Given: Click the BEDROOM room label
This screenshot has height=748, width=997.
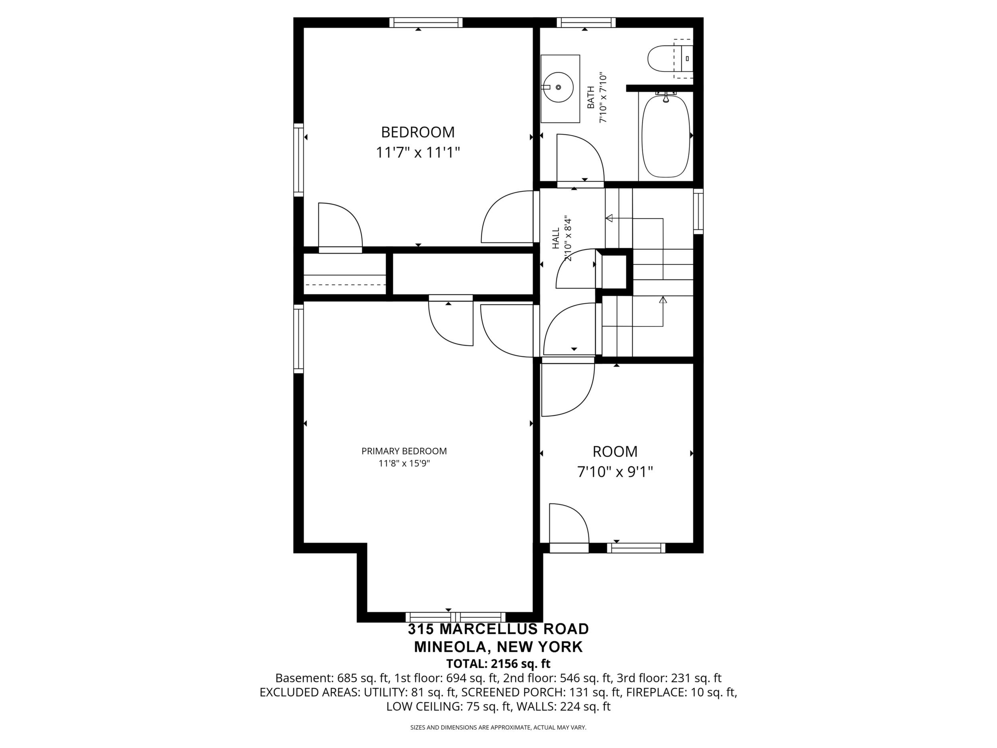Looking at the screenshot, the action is point(418,132).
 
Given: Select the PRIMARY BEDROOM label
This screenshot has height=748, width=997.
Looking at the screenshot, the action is point(404,451).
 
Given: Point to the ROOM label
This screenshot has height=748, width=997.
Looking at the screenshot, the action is point(615,452).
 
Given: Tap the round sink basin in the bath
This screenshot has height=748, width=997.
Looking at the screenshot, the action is point(558,87).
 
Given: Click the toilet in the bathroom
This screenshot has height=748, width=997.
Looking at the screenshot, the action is point(670,59).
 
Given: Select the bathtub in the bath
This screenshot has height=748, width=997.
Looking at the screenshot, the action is point(666,135).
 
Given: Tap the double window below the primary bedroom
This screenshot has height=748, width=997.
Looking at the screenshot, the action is point(455,617).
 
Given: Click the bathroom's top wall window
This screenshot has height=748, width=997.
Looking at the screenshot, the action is point(586,22).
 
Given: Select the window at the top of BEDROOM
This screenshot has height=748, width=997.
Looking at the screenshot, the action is point(426,22).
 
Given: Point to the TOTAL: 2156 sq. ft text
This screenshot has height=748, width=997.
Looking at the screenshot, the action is point(498,664).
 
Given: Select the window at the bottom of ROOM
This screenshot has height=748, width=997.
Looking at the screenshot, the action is point(636,548).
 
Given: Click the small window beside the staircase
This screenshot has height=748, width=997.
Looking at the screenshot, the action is point(698,211).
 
